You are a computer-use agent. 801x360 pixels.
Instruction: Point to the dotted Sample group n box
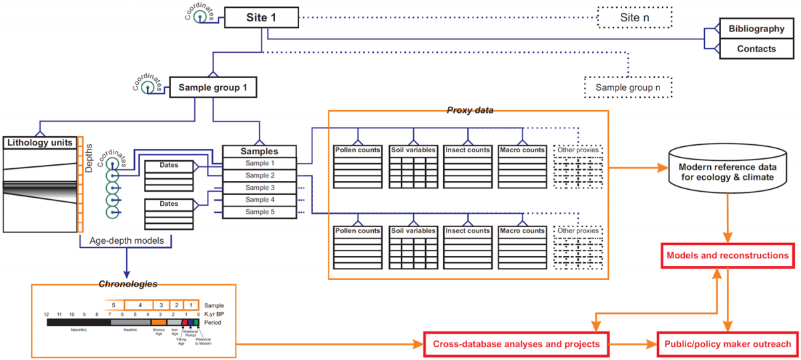click(628, 87)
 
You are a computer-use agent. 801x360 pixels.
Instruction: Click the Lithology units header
click(39, 143)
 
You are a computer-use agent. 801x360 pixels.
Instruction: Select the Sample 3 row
click(259, 188)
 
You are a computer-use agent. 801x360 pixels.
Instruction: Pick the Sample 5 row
click(259, 212)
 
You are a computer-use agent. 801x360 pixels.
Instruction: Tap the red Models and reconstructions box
click(727, 256)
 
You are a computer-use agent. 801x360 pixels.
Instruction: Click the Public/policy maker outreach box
click(727, 345)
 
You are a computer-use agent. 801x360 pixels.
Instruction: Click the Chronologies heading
click(128, 284)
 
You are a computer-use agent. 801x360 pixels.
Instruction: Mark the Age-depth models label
click(127, 239)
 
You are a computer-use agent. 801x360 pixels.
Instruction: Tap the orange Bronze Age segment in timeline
click(159, 322)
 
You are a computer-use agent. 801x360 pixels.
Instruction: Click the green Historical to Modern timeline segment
click(196, 322)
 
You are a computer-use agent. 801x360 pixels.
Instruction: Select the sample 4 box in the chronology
click(140, 304)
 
